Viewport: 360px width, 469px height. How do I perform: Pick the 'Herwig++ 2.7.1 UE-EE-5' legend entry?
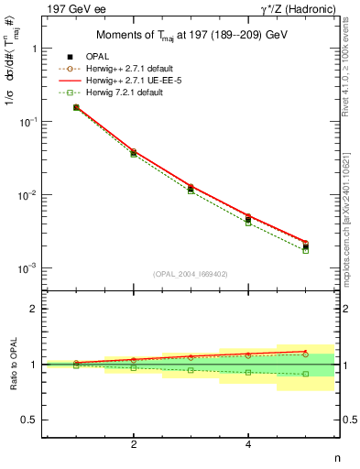pos(134,80)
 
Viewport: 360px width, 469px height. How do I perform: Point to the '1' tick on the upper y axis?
pos(33,49)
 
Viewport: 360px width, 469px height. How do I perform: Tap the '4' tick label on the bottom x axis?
pos(248,444)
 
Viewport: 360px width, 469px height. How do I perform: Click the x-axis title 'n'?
pos(336,458)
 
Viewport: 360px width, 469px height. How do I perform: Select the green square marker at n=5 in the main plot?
pos(306,250)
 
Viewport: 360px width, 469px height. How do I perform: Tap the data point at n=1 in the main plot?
pos(76,107)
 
